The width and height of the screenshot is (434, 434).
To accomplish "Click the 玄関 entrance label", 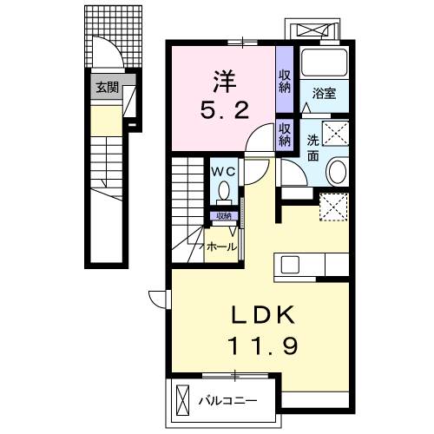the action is point(107,88).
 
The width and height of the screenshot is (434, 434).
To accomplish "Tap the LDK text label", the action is point(264,315).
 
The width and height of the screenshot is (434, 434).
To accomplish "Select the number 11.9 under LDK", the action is point(263,345).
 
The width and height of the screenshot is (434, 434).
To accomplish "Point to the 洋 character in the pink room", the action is point(224,82).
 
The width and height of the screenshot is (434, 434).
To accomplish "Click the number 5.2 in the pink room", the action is point(225,110).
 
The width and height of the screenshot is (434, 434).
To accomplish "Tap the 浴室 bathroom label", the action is point(324,94).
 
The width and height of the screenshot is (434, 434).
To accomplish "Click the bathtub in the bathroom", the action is point(324,63).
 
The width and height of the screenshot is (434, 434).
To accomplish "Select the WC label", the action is point(224,172).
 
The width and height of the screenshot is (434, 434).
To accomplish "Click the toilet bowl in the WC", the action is point(224,191).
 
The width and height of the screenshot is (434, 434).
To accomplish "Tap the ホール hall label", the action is point(221,247).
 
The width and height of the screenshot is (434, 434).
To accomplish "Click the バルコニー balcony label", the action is point(227,401).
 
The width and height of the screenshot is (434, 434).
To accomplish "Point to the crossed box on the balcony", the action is point(183,401).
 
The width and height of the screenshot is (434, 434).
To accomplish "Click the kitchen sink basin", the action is point(290,265).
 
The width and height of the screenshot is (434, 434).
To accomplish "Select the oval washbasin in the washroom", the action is point(336,172).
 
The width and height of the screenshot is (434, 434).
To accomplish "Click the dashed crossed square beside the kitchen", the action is point(333,207).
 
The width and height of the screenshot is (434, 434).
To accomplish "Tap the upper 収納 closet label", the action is point(285,82).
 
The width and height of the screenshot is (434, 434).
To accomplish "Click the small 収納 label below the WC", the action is point(224,216).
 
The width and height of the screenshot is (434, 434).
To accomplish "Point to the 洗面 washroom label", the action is point(312,148).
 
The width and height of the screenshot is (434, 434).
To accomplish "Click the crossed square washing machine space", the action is point(336,134).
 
